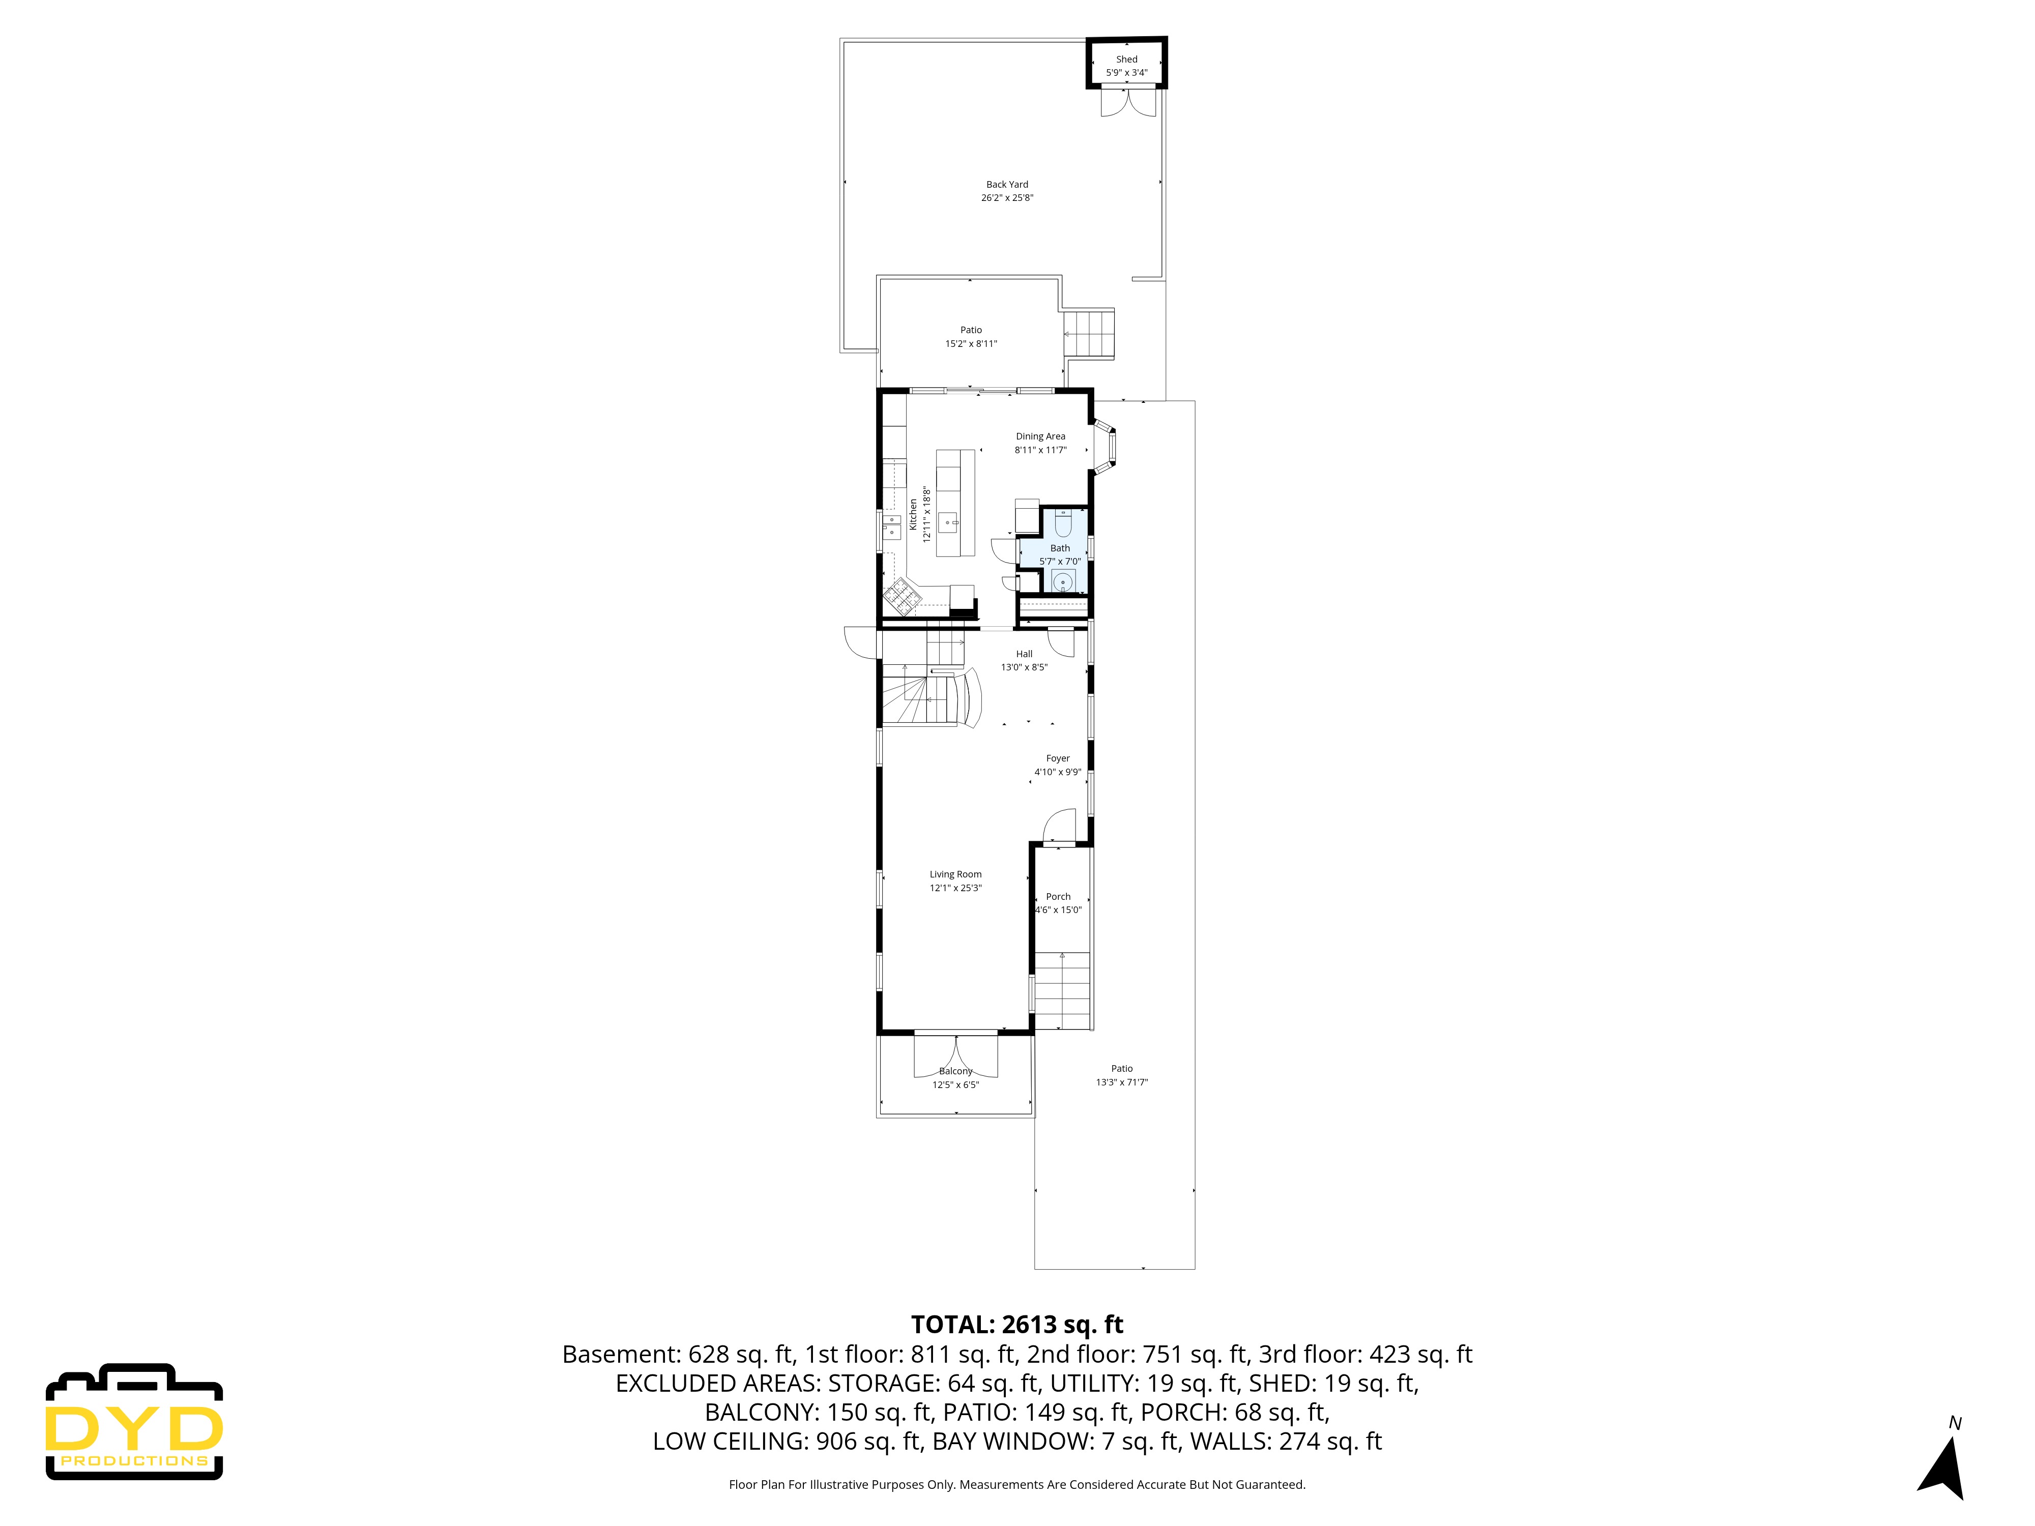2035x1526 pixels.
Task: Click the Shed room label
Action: pyautogui.click(x=1126, y=59)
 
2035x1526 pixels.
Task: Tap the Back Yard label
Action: pyautogui.click(x=1006, y=184)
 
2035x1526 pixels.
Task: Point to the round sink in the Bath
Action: pyautogui.click(x=1063, y=581)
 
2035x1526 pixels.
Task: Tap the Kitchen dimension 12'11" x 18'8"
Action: pyautogui.click(x=926, y=514)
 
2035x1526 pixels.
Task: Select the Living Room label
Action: pyautogui.click(x=955, y=874)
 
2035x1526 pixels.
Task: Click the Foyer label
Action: pyautogui.click(x=1057, y=758)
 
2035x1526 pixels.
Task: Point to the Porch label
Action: pyautogui.click(x=1058, y=896)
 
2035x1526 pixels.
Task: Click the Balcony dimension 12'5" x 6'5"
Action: pyautogui.click(x=955, y=1084)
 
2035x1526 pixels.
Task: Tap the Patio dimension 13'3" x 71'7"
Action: pyautogui.click(x=1121, y=1082)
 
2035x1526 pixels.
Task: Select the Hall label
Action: pyautogui.click(x=1024, y=653)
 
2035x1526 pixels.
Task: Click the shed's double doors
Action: pyautogui.click(x=1128, y=101)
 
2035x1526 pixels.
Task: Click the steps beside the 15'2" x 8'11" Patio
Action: pyautogui.click(x=1089, y=333)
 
